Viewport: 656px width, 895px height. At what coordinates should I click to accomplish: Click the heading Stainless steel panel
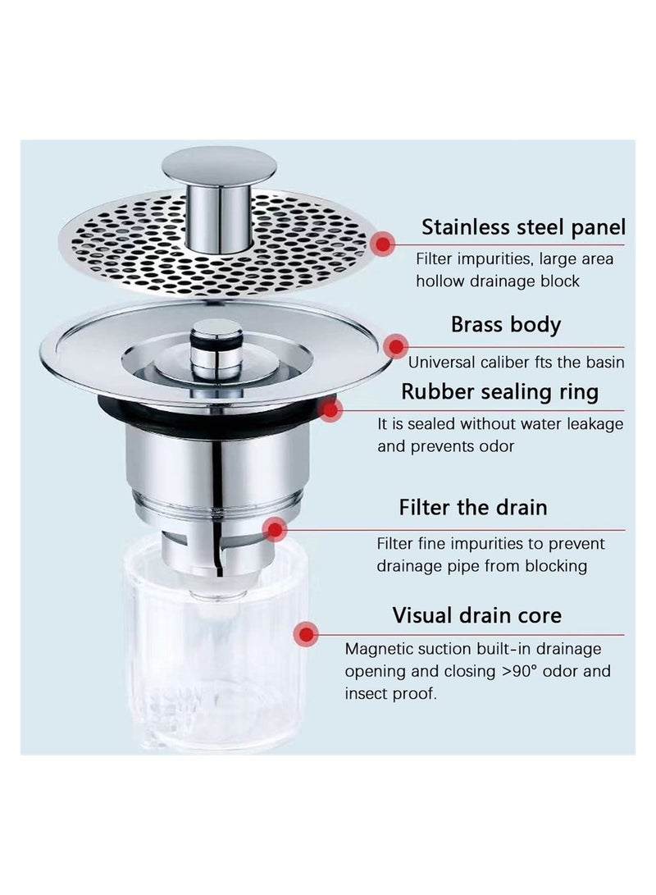point(523,226)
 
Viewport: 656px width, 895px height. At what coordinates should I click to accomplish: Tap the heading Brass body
point(505,324)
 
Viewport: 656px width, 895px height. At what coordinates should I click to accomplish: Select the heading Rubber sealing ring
point(499,391)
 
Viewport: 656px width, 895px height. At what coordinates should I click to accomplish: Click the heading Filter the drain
point(472,507)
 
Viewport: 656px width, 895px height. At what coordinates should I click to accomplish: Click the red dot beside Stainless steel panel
point(382,244)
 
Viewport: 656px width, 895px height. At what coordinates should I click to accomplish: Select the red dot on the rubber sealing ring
point(330,409)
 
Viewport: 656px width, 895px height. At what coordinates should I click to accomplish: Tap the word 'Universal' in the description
point(440,362)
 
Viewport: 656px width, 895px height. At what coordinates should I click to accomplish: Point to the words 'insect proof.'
point(390,693)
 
